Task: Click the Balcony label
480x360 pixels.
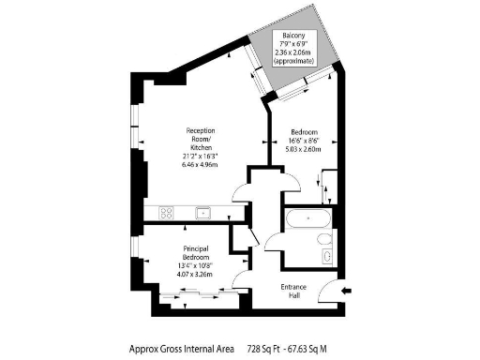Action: (x=291, y=35)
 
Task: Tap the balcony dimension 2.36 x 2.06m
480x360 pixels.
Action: (x=291, y=52)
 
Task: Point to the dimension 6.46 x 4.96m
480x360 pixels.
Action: (x=202, y=163)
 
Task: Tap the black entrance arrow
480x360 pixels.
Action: (x=348, y=292)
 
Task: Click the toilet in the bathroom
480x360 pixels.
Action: (x=324, y=252)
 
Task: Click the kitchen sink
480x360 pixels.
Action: (x=202, y=214)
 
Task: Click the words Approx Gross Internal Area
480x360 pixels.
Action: (x=182, y=348)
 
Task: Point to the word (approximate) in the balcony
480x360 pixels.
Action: (x=291, y=60)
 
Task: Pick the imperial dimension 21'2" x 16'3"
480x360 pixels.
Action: (x=202, y=154)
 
